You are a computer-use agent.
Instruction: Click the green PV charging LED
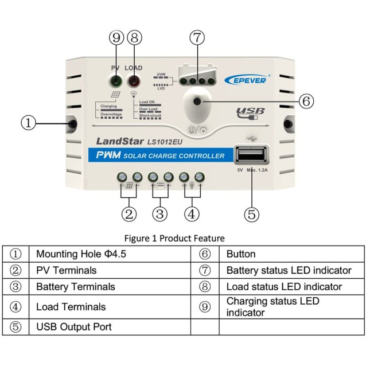116,81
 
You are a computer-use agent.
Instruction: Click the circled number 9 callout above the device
116,38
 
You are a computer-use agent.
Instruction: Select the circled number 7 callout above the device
197,38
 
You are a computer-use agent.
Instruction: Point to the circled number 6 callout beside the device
306,101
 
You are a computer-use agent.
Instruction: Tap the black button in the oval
198,102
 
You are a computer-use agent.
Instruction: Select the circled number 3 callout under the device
160,215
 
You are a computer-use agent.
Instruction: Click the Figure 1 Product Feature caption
182,237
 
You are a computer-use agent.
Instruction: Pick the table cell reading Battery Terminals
75,286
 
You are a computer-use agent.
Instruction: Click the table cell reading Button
241,254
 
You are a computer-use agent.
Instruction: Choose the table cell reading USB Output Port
73,327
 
